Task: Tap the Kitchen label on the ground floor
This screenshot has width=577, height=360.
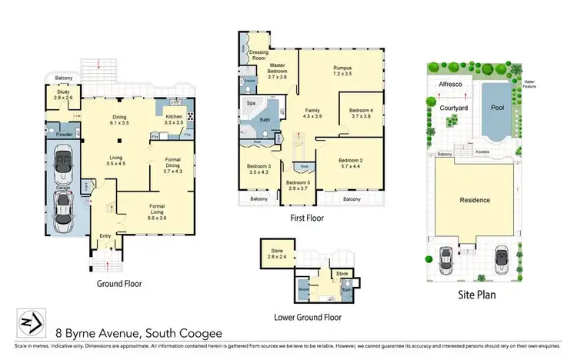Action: [x=174, y=118]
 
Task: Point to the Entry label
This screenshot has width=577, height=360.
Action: [x=106, y=236]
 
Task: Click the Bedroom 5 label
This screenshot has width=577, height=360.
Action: [x=298, y=184]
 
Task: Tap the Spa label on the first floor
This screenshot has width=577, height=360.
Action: [x=251, y=102]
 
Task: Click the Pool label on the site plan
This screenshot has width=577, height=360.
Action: [x=495, y=108]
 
